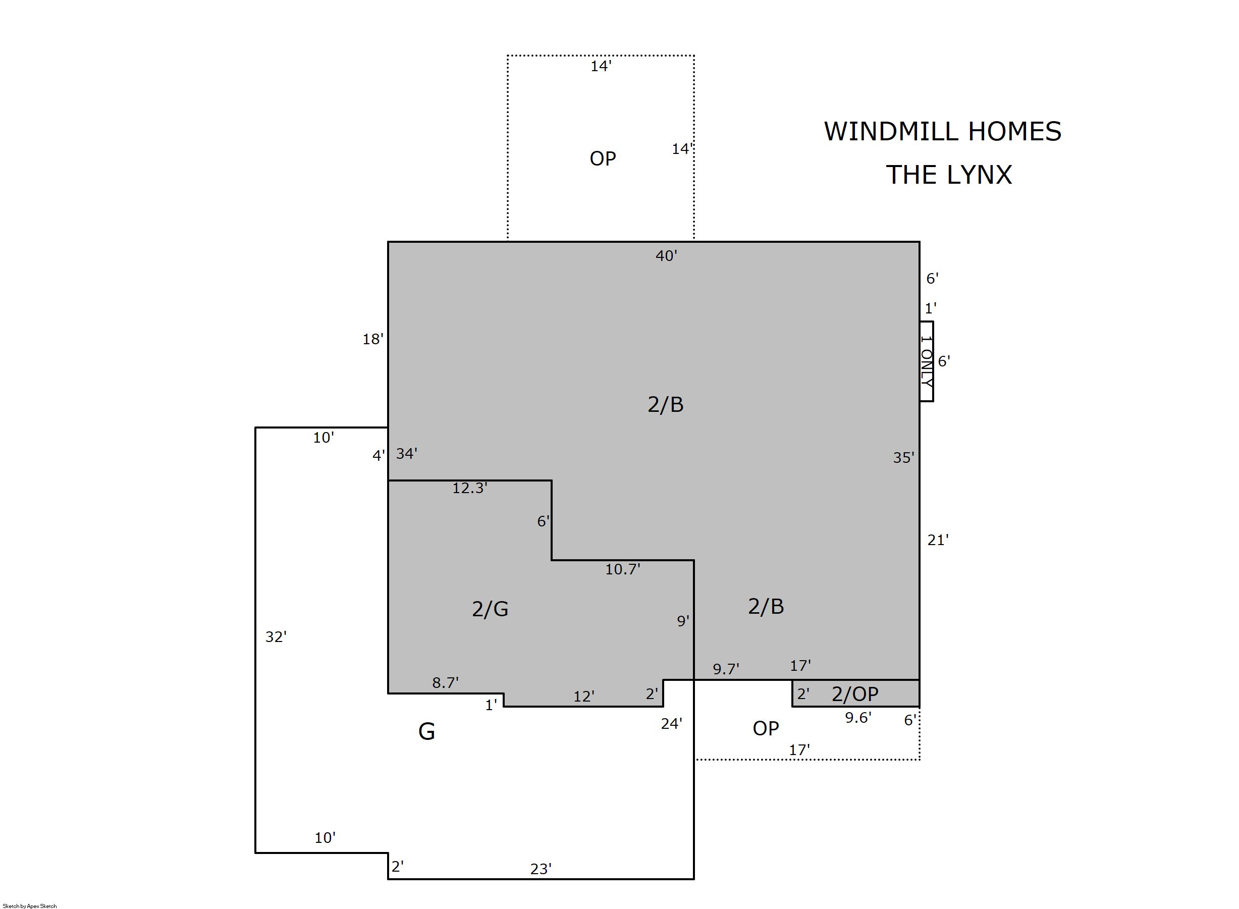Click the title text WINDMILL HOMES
[942, 132]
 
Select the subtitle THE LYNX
[949, 175]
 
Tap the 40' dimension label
[666, 256]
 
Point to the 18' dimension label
[373, 339]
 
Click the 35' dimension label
[904, 458]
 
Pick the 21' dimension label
[938, 541]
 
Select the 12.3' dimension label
[470, 488]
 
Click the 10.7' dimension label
[623, 569]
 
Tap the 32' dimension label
[276, 636]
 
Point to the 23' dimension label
[541, 869]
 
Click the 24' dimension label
[672, 724]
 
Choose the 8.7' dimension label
[446, 682]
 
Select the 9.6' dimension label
[858, 718]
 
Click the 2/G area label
[490, 609]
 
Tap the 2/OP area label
[855, 694]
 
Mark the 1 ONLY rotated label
[927, 361]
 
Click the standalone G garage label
[427, 731]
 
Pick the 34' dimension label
[407, 453]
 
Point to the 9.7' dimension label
[726, 669]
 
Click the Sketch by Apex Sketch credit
[30, 905]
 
